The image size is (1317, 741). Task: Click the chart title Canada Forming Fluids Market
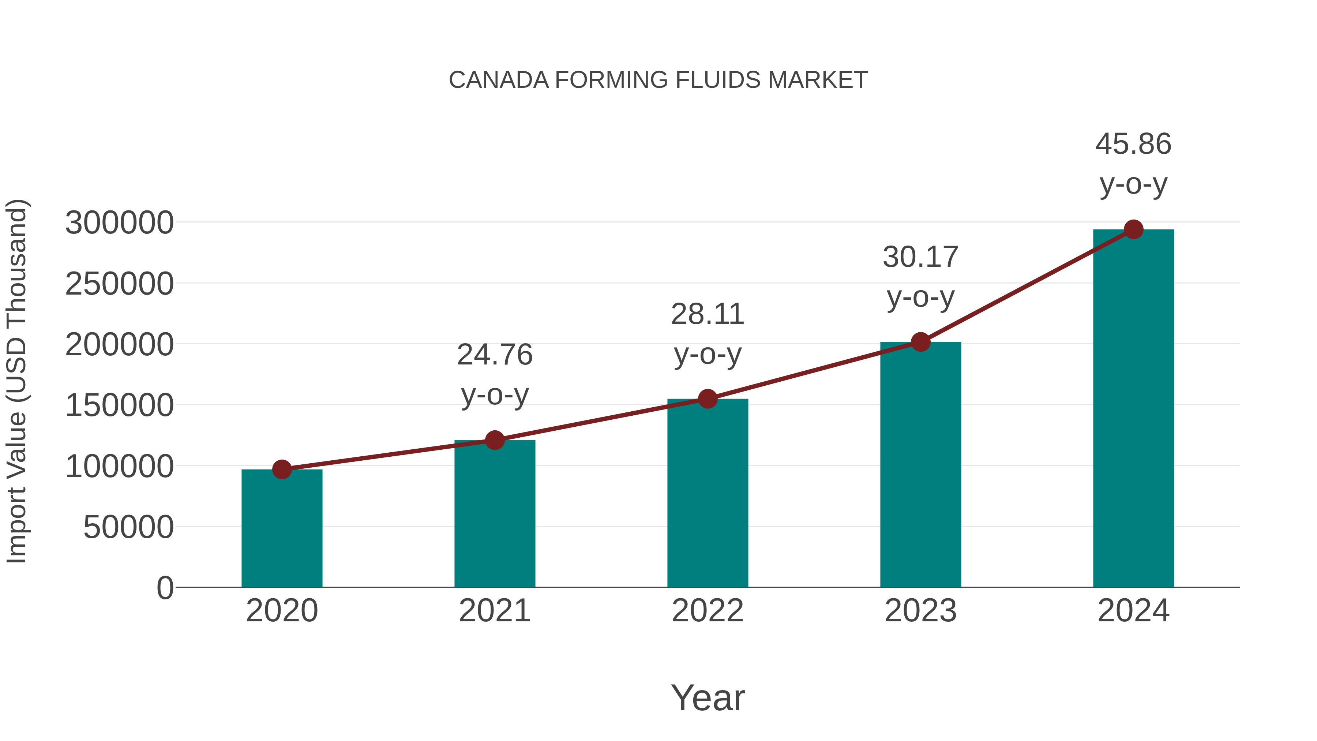pyautogui.click(x=658, y=80)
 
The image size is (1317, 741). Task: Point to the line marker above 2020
pyautogui.click(x=282, y=469)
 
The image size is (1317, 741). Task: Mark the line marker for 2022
pyautogui.click(x=708, y=399)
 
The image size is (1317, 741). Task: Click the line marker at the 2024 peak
pyautogui.click(x=1133, y=229)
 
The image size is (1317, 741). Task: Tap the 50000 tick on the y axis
pyautogui.click(x=128, y=527)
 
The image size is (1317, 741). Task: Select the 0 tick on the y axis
pyautogui.click(x=165, y=588)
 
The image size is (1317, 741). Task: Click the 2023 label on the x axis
pyautogui.click(x=920, y=611)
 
